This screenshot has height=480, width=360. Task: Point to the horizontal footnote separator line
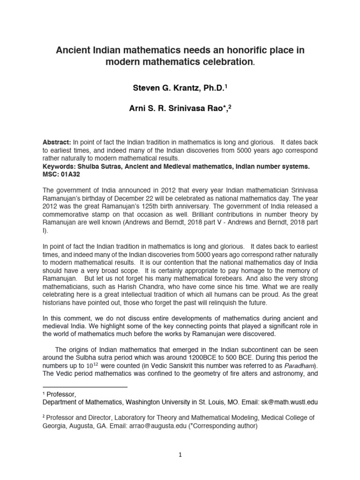[84, 387]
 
